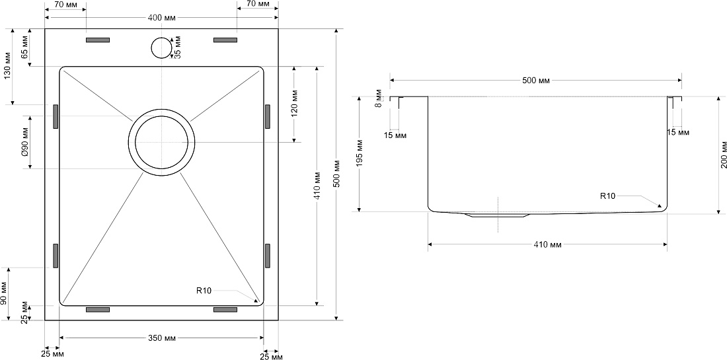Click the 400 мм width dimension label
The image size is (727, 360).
[162, 18]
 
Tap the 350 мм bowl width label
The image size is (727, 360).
[162, 338]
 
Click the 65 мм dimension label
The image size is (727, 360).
[26, 48]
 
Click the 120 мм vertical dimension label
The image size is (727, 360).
[295, 102]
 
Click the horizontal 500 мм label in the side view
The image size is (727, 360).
[535, 81]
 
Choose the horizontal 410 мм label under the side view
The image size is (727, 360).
[547, 244]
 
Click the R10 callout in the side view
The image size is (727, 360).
[607, 196]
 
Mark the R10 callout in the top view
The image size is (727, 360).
[204, 291]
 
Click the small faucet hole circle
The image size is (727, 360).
[161, 48]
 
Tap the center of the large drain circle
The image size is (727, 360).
[161, 143]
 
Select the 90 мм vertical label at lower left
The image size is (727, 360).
[4, 294]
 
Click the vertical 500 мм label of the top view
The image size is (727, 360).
[337, 174]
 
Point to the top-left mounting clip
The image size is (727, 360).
[98, 40]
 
